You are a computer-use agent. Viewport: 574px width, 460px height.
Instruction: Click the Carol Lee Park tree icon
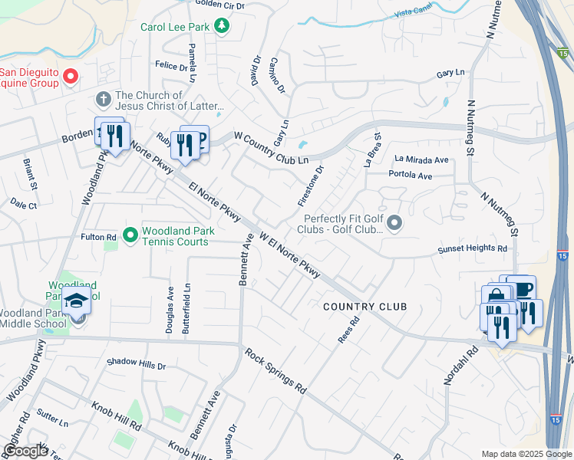pos(223,27)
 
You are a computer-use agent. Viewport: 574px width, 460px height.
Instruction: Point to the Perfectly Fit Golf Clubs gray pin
pos(394,223)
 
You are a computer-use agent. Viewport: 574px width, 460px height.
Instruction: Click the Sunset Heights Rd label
pos(473,249)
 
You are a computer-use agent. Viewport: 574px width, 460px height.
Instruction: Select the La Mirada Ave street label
pos(421,159)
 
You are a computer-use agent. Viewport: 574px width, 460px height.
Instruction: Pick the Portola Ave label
pos(411,176)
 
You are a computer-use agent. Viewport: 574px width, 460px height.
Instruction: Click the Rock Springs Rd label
pos(275,371)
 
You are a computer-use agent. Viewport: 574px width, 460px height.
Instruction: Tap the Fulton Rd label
pos(98,238)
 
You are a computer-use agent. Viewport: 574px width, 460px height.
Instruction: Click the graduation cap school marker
pos(77,302)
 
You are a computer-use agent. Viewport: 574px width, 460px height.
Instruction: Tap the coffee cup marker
pos(522,288)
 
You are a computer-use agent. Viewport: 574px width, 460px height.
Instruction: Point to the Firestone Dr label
pos(312,186)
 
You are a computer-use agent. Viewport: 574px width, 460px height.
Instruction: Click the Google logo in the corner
pos(25,451)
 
